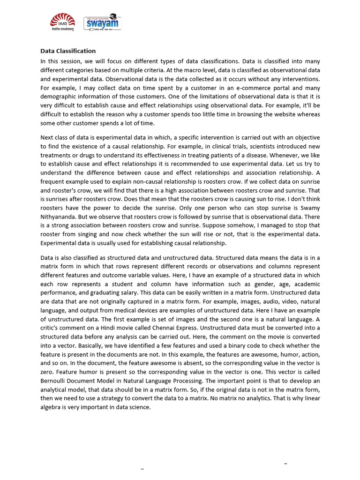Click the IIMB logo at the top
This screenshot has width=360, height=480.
point(62,22)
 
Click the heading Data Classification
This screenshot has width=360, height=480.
point(68,51)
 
